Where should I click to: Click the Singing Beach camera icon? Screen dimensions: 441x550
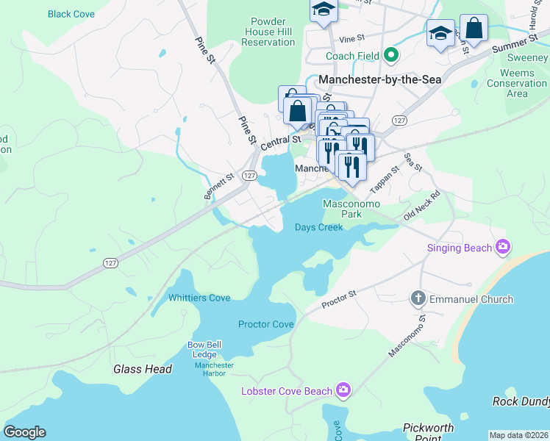tap(503, 248)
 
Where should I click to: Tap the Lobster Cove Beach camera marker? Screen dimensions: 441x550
tap(343, 390)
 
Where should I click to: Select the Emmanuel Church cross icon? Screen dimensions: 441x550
tap(418, 298)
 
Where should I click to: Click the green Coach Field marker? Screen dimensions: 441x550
tap(392, 56)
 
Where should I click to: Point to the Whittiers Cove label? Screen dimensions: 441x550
tap(199, 298)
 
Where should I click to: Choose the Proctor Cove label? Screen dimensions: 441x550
tap(265, 324)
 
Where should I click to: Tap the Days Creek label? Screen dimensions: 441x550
tap(319, 227)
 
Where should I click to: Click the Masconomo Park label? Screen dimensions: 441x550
tap(342, 209)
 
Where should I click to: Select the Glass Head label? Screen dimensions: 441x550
tap(143, 369)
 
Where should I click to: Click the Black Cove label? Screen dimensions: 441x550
tap(71, 14)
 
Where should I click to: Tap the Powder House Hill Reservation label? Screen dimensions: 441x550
tap(262, 32)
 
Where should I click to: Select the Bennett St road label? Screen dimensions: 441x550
tap(218, 186)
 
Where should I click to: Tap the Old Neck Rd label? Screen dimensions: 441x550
tap(421, 206)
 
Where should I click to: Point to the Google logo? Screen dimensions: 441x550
tap(24, 432)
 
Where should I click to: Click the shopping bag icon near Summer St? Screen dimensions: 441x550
tap(474, 29)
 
